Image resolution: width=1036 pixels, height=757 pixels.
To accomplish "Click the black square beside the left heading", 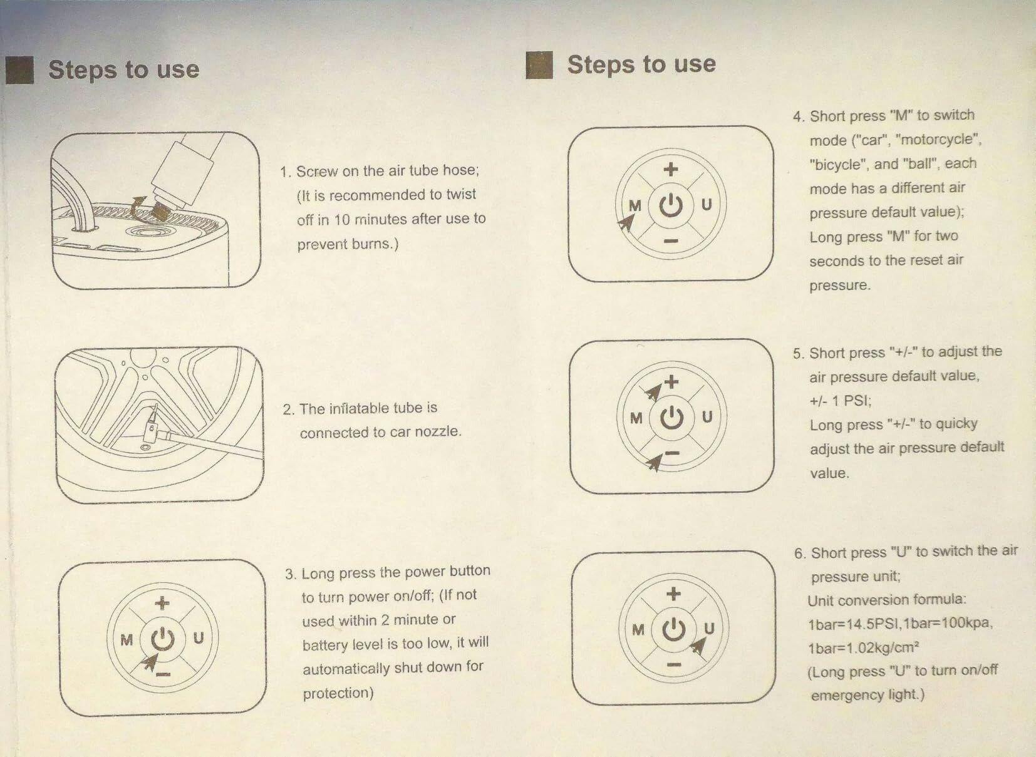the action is coord(19,70).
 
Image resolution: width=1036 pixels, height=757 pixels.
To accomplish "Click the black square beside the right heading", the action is coord(539,65).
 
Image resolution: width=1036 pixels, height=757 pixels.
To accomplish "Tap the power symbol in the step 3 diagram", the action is coord(163,639).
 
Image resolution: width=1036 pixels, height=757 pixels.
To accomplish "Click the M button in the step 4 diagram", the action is coord(636,205).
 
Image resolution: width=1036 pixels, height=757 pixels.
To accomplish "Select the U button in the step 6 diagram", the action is coord(709,628).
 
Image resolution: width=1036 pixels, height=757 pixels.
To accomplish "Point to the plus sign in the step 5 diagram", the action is coord(671,382).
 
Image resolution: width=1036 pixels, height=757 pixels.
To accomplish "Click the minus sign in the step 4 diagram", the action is coord(671,241).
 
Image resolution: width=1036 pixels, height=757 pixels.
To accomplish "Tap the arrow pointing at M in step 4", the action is coord(626,224).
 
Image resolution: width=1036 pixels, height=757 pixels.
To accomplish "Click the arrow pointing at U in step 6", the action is coord(698,646).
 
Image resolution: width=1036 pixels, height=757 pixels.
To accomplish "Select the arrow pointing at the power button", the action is coord(150,662).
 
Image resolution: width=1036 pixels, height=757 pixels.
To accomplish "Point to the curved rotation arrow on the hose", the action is coord(138,208).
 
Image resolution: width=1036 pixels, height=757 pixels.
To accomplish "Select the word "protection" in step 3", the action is coord(338,693).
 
